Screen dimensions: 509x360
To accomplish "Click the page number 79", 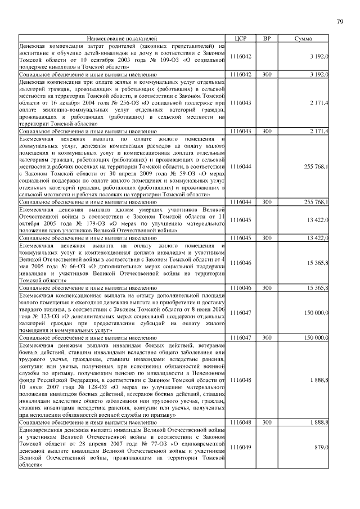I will (340, 21).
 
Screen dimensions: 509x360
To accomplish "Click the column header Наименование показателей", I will (121, 38).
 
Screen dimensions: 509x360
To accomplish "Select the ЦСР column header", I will (240, 38).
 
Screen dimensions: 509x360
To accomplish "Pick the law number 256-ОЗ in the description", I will (129, 104).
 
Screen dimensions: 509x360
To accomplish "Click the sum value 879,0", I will (321, 447).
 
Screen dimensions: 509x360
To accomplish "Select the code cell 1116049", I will (240, 447).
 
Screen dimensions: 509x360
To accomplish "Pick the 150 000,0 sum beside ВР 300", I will (313, 337).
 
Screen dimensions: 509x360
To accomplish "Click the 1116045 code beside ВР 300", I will (240, 238).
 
